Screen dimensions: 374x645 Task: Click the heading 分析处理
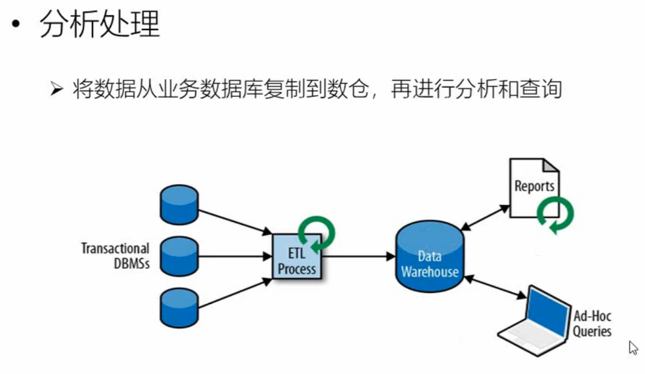click(99, 25)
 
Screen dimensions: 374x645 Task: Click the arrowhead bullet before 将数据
click(57, 90)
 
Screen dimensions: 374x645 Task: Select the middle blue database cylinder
click(179, 255)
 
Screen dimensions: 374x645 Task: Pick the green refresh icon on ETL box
click(317, 234)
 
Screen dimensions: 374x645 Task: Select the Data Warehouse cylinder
click(429, 257)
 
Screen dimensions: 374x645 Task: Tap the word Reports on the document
click(534, 186)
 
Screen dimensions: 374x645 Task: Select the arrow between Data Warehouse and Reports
click(484, 216)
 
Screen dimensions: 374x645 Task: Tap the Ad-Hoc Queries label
click(592, 324)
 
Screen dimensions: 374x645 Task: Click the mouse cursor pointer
click(633, 347)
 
